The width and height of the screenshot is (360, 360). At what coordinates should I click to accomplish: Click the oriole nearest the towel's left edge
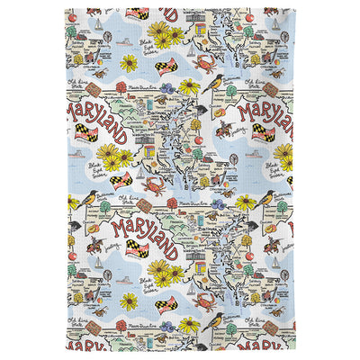87,197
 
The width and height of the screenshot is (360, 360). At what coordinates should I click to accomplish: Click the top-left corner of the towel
66,10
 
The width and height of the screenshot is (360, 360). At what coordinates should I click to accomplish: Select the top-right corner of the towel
294,10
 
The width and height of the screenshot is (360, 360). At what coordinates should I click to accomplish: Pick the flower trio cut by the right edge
285,154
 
